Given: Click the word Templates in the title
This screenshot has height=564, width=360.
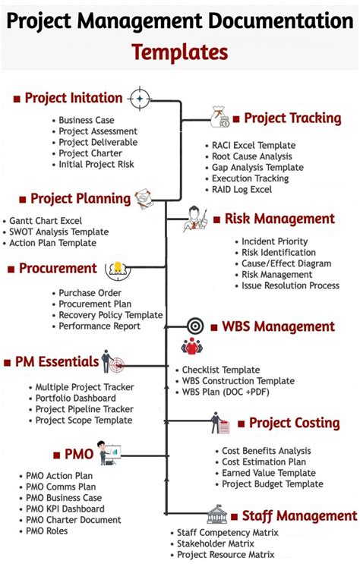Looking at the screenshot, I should [179, 52].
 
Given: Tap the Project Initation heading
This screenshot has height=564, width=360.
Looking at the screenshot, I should [73, 98].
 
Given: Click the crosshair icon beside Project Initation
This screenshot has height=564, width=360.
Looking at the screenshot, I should [139, 98].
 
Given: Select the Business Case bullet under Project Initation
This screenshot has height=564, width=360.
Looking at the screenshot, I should [87, 120].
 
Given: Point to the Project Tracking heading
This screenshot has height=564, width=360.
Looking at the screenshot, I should [292, 118].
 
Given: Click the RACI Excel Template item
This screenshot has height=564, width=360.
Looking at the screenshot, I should [254, 145].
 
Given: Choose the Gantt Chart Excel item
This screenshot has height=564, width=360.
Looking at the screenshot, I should [46, 221].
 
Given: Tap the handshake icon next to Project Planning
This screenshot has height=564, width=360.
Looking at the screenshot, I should [144, 199].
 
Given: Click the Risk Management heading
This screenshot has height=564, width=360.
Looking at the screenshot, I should [279, 219].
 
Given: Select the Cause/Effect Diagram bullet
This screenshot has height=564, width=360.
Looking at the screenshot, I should [286, 263].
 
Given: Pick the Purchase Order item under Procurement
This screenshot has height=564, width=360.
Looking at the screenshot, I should [90, 292].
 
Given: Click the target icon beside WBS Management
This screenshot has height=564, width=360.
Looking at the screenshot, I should [195, 326].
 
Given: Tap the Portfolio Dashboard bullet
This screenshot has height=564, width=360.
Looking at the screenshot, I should [75, 398].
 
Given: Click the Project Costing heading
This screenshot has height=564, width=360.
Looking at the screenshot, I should [294, 423].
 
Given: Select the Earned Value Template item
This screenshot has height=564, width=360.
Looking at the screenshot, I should [268, 473].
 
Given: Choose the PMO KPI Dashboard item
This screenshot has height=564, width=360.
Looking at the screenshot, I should [65, 509].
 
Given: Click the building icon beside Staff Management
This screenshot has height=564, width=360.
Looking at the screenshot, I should [217, 514].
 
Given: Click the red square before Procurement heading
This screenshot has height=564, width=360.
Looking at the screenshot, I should [11, 269].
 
